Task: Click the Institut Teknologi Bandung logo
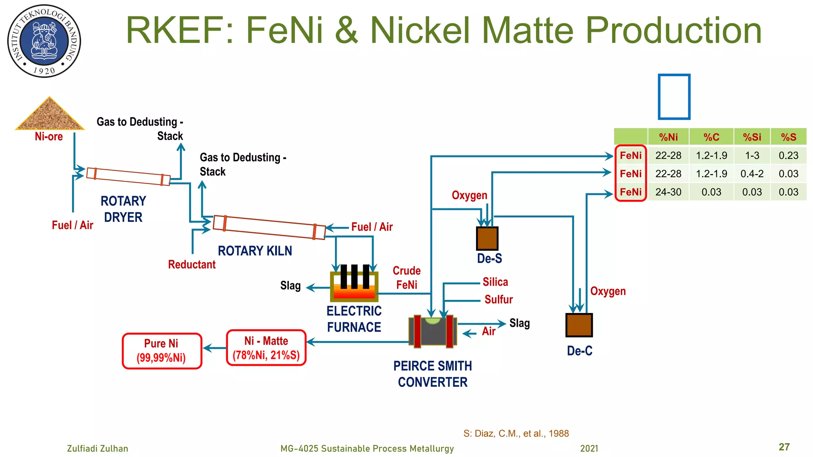coord(44,41)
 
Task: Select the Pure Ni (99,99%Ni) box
coord(162,351)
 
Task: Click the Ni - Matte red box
coord(266,348)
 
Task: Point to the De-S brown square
coord(487,238)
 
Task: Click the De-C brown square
coord(579,325)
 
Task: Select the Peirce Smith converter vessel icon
coord(433,331)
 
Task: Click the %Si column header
coord(752,137)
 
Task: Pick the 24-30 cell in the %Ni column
coord(668,192)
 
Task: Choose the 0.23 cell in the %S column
coord(788,156)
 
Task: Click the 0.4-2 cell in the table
coord(752,174)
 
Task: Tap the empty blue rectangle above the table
coord(674,97)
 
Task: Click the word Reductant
coord(192,265)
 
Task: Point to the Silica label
coord(495,282)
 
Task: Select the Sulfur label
coord(499,300)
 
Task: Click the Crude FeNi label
coord(406,278)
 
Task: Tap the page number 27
coord(784,447)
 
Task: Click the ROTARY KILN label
coord(255,251)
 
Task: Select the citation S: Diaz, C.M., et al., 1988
coord(516,433)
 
